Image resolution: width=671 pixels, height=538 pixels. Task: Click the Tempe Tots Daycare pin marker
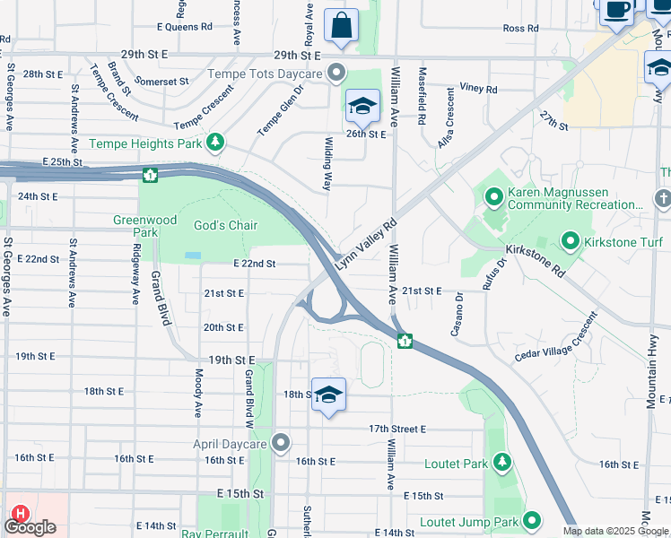pos(337,73)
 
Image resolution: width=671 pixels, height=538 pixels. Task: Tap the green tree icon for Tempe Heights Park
pos(214,143)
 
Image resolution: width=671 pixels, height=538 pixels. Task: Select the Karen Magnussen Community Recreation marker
pos(493,195)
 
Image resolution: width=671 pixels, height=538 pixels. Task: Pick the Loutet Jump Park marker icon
pos(532,520)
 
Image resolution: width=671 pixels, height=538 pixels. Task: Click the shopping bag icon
pos(341,27)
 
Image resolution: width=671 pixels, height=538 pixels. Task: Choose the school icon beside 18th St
pos(328,395)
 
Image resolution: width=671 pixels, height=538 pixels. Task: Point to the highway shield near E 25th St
pos(149,173)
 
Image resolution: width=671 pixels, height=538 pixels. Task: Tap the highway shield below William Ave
pos(405,341)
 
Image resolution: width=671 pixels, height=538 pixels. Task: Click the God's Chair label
pos(226,225)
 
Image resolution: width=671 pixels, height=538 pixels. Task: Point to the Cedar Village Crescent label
pos(555,338)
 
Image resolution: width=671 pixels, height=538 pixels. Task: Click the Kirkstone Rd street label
pos(535,258)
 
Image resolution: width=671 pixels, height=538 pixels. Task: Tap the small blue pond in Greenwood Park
pos(193,256)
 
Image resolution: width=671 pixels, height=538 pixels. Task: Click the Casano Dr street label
pos(457,314)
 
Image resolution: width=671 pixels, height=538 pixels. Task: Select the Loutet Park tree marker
pos(502,463)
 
